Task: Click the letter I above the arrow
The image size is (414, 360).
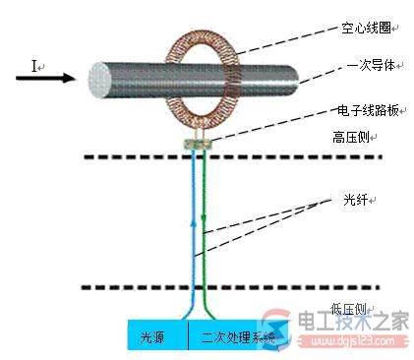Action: click(35, 66)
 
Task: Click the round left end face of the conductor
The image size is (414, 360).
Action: click(101, 80)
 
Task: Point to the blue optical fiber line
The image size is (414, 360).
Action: click(194, 226)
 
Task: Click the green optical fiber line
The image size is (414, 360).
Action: click(205, 226)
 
